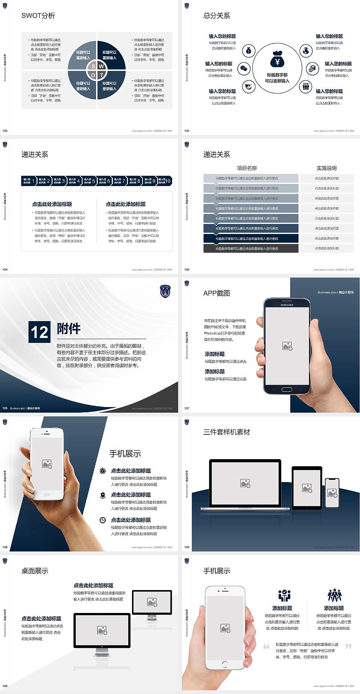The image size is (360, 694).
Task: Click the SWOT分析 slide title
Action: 38,16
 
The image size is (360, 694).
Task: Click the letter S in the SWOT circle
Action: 93,66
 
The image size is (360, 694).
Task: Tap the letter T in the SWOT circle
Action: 101,75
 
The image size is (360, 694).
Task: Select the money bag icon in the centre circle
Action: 277,59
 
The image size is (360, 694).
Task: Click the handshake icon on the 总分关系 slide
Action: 248,87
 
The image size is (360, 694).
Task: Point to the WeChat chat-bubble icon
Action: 244,69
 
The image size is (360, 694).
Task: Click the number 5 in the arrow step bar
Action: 94,181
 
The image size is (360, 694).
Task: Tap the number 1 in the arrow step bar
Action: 33,181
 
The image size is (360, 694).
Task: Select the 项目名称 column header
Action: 247,168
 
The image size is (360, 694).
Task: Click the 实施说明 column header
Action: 326,168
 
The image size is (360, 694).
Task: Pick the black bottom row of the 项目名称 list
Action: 251,248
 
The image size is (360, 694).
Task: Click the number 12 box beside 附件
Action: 39,332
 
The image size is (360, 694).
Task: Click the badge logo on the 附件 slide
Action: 165,291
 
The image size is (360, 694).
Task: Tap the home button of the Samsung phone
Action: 286,389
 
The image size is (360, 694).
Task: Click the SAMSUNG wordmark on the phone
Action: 287,305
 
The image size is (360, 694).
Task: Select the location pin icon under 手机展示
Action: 103,495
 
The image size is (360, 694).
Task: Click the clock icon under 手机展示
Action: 103,520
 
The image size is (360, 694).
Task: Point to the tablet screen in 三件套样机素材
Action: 307,488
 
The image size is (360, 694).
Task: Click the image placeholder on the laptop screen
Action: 245,483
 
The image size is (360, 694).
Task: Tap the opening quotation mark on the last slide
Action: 266,646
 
